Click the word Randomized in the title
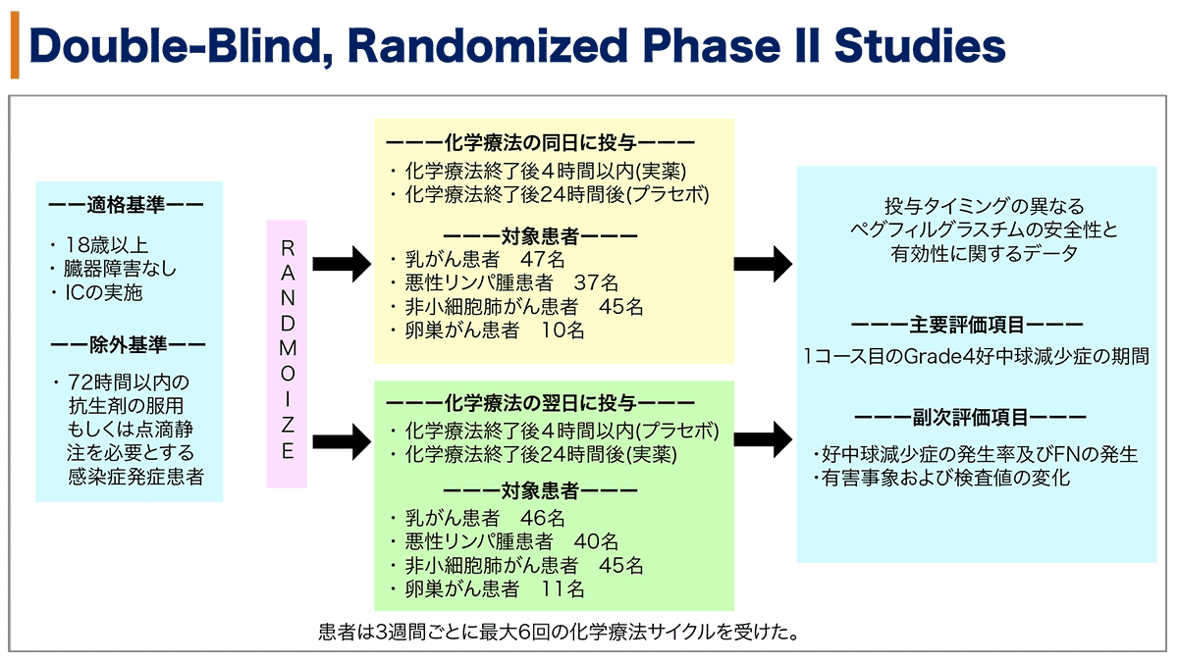click(487, 46)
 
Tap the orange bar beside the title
click(15, 45)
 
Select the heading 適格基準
click(126, 205)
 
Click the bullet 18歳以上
click(106, 245)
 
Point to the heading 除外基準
click(128, 345)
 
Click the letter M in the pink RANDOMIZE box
click(287, 348)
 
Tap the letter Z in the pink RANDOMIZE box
click(287, 425)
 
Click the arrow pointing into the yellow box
click(342, 264)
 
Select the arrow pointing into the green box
click(342, 442)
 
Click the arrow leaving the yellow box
click(763, 264)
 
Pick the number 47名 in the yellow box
click(542, 259)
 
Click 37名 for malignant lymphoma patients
click(596, 282)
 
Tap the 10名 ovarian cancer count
click(562, 330)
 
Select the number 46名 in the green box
click(542, 518)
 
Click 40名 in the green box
click(596, 541)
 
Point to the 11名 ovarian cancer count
click(562, 589)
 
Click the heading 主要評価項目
click(967, 326)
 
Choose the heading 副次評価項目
click(970, 418)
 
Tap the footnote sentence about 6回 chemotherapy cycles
click(559, 632)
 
